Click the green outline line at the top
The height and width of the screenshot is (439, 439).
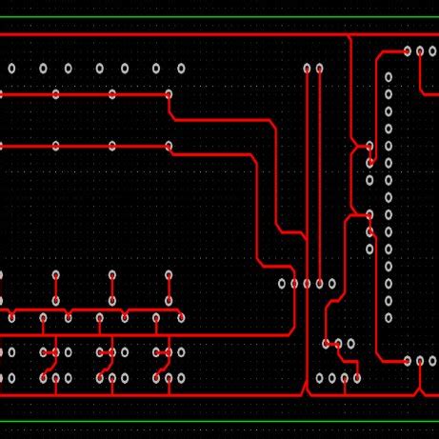tap(219, 17)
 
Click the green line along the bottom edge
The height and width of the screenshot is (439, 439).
tap(219, 420)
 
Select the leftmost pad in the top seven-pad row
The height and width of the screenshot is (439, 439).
tap(12, 68)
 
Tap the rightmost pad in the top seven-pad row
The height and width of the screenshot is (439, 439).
tap(181, 68)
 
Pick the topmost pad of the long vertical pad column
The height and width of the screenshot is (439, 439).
tap(389, 77)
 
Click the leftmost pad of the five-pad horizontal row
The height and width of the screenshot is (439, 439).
tap(282, 283)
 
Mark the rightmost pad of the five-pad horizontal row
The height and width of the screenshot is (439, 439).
tap(331, 283)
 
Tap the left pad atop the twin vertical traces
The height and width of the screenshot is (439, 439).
tap(307, 68)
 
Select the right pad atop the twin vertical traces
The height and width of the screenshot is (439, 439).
tap(319, 68)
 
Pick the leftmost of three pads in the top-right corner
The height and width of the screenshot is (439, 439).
tap(408, 50)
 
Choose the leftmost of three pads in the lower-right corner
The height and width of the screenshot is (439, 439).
tap(408, 361)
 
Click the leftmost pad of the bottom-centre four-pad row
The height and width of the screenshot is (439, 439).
tap(320, 378)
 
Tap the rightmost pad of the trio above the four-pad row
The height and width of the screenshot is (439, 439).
tap(350, 344)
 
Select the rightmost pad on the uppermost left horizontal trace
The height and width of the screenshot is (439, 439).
tap(169, 94)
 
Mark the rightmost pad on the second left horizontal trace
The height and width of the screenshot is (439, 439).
tap(169, 146)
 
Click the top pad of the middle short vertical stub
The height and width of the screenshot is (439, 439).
tap(112, 274)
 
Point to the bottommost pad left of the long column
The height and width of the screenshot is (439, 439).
tap(370, 249)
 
